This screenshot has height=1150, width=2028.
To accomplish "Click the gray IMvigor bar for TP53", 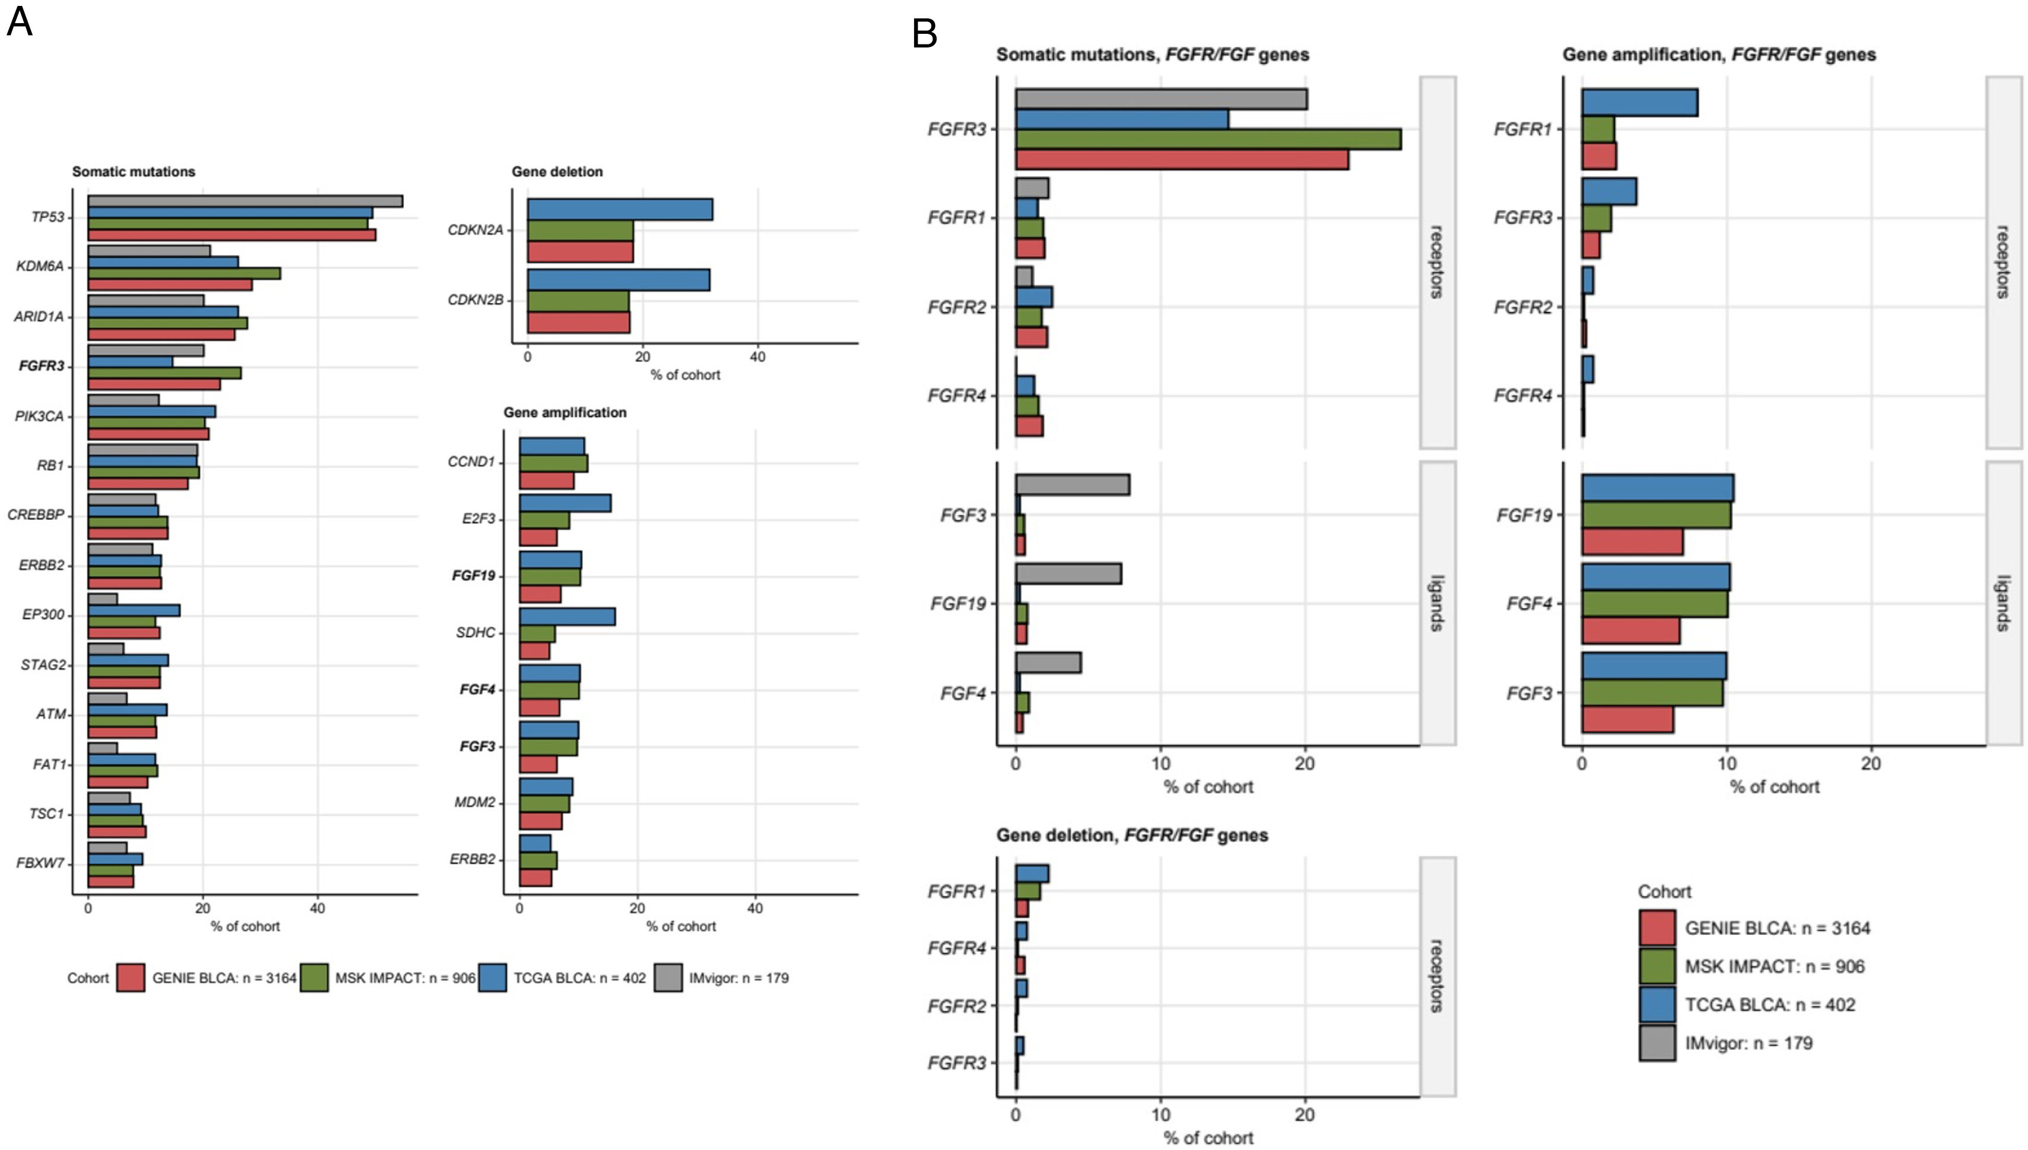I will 245,201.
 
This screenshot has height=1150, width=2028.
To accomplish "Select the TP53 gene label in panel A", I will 47,217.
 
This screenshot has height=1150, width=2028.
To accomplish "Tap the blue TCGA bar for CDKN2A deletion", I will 620,209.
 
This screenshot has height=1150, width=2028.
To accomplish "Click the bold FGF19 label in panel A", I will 473,576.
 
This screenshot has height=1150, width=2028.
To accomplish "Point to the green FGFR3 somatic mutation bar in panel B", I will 1208,139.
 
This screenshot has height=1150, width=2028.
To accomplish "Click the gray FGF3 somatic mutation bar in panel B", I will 1072,485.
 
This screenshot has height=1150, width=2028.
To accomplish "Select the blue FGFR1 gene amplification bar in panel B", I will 1639,103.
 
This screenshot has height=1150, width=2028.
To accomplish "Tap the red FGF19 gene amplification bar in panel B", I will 1632,542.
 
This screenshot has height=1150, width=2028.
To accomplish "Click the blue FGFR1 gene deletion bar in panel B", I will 1032,873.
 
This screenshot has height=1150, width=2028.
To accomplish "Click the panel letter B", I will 925,34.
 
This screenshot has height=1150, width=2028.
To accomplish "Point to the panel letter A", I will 20,21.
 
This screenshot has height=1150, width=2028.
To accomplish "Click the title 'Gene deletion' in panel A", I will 557,171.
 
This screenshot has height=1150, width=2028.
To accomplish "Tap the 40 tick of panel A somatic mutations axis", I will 318,909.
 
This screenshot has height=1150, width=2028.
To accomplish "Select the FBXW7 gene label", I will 40,863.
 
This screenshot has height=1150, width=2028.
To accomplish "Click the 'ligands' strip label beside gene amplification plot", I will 2002,603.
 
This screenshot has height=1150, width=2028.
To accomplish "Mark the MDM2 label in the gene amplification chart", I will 475,802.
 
